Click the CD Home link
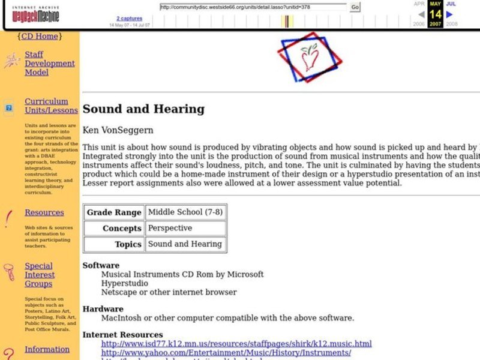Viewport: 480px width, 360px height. pos(40,36)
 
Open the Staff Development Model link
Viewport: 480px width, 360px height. pos(49,63)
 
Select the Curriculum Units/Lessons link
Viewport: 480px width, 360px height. pos(51,106)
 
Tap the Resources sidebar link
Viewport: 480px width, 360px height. pos(44,212)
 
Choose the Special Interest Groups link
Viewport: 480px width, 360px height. pos(40,275)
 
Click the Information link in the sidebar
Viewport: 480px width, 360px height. pos(47,349)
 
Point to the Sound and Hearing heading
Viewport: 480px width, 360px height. pos(143,109)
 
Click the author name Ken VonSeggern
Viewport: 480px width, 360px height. pos(118,130)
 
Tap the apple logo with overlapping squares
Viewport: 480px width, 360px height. pos(310,56)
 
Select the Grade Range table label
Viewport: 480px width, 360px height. pos(114,212)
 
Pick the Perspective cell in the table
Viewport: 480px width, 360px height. pos(170,228)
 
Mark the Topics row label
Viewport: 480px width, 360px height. pos(128,244)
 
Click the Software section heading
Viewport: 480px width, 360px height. pos(101,265)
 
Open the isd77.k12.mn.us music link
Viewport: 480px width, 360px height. pos(236,344)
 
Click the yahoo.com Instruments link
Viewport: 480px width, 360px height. pos(226,353)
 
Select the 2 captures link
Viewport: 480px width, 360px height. pos(130,19)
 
